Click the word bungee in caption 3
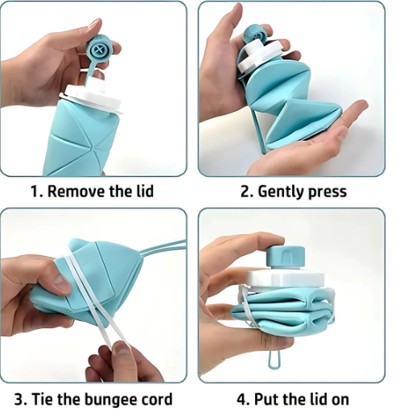[x=113, y=398]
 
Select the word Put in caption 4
[x=271, y=398]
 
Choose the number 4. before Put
[x=242, y=398]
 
